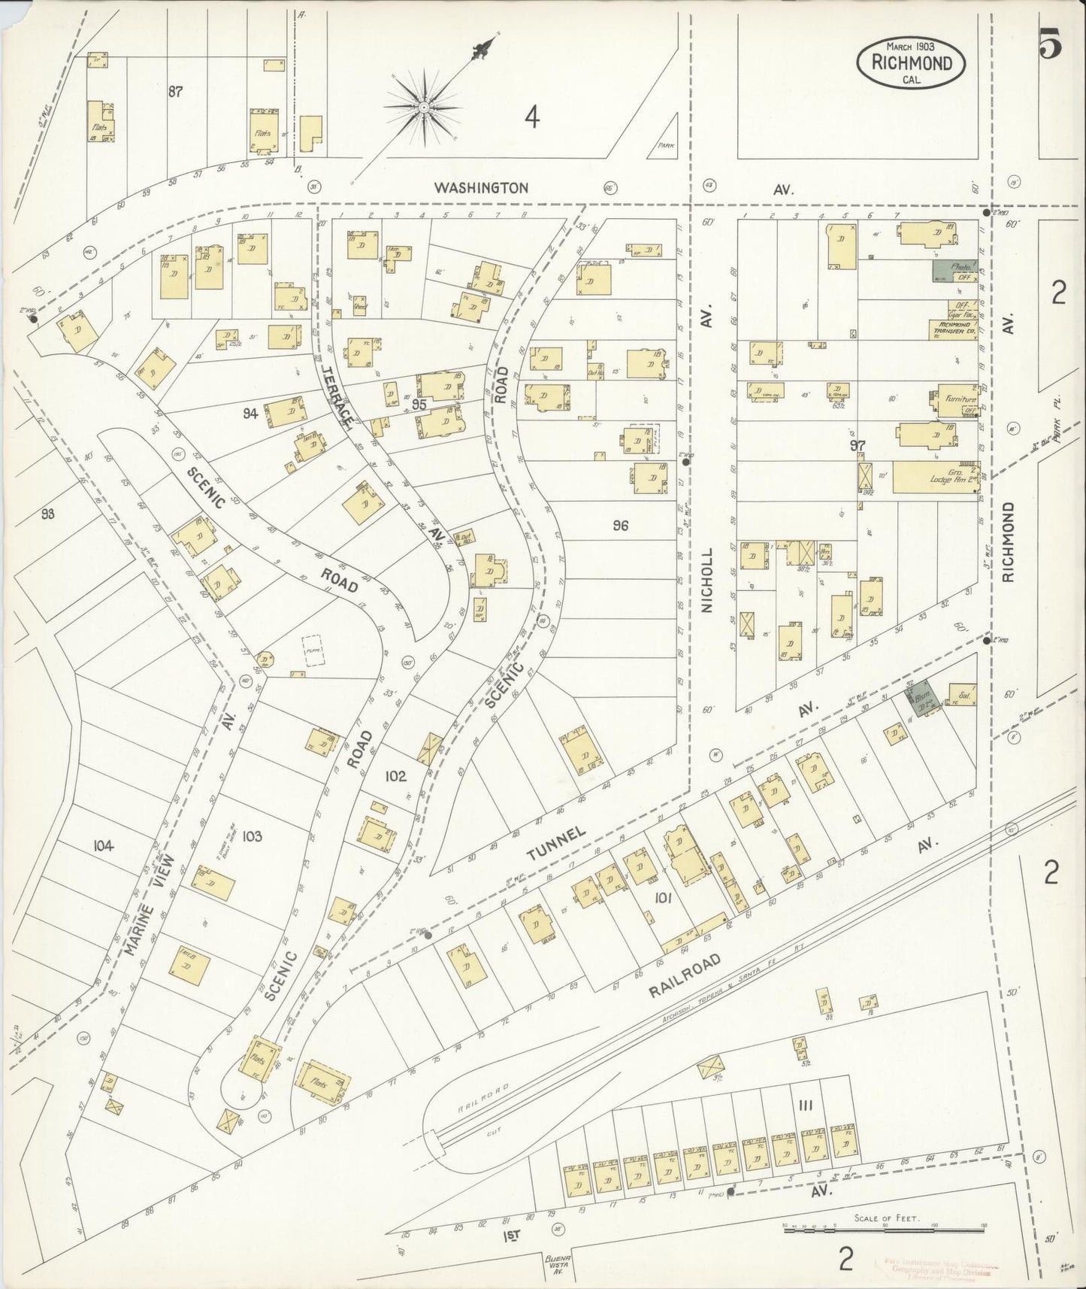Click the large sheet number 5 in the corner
(1050, 47)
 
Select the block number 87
(175, 92)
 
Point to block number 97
(858, 446)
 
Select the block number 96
(619, 526)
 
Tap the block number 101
(662, 896)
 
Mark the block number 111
(806, 1105)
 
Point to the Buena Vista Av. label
(558, 1262)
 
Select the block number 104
(103, 846)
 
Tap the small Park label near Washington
(662, 147)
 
